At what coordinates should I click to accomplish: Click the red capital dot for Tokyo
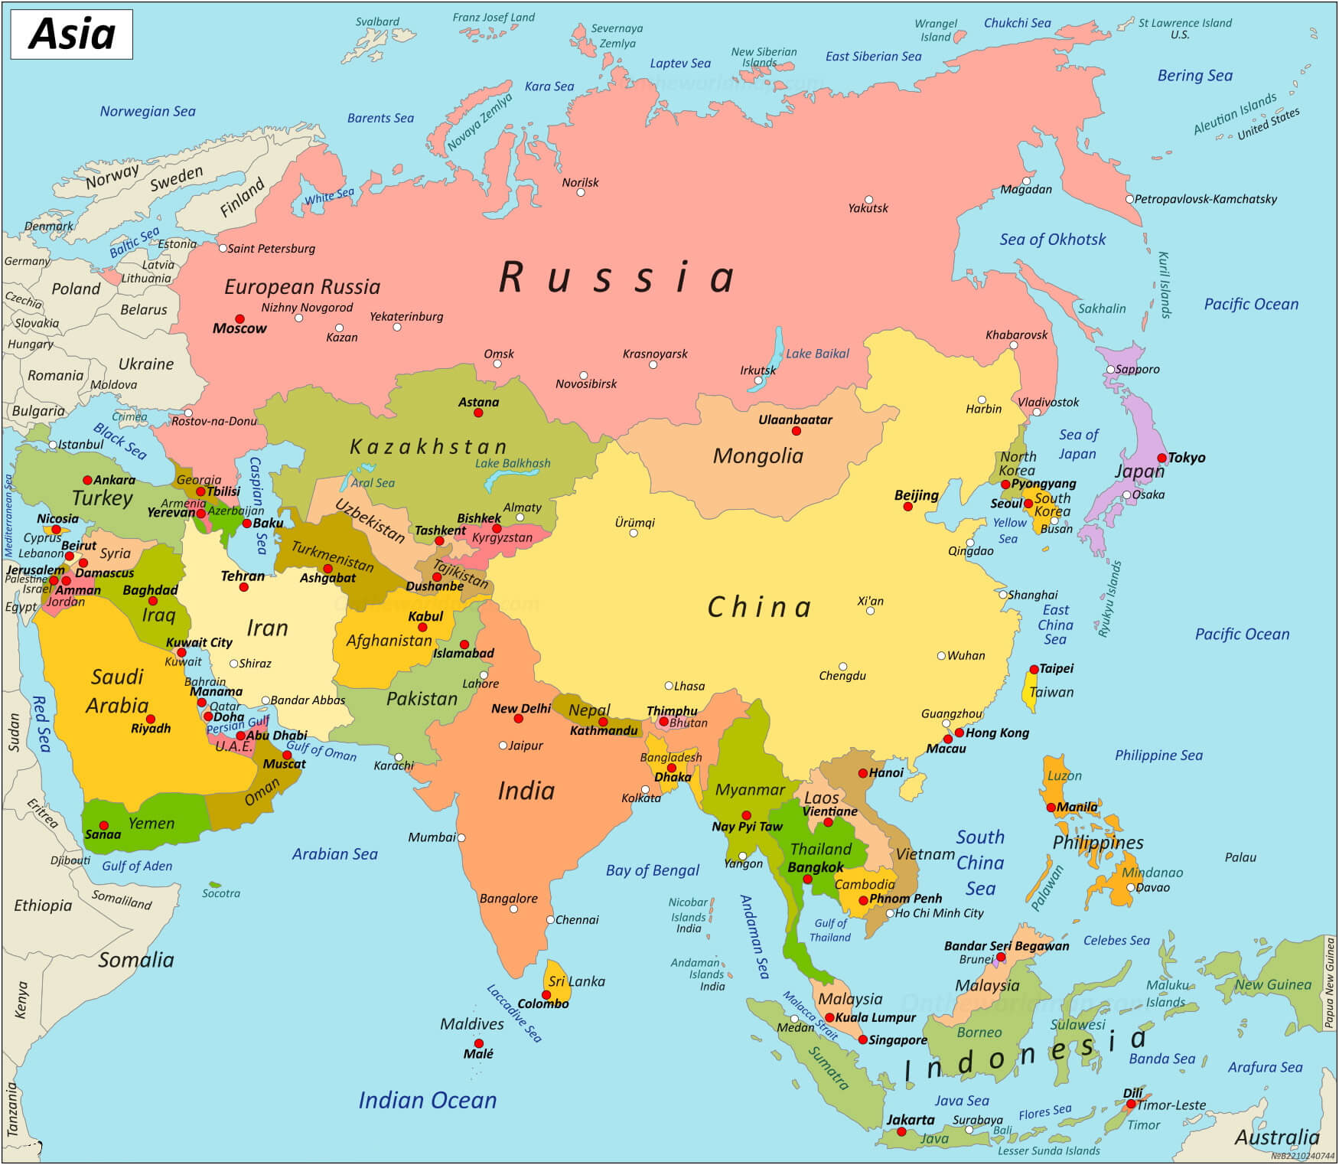(1161, 458)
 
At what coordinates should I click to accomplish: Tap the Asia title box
(71, 34)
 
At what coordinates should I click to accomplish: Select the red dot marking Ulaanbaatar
(796, 431)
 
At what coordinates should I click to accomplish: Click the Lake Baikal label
(817, 354)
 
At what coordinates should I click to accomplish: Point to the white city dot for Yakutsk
(868, 199)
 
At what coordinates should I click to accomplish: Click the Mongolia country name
(757, 456)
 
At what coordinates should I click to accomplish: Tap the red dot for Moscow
(239, 318)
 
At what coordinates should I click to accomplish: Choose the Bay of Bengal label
(652, 870)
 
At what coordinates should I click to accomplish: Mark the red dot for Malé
(478, 1043)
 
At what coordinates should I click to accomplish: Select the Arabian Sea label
(334, 854)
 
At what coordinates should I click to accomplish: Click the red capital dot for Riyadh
(151, 719)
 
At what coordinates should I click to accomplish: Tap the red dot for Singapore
(862, 1039)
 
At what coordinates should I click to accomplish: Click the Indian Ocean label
(427, 1101)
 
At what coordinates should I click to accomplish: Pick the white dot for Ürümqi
(634, 533)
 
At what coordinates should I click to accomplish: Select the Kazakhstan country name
(428, 447)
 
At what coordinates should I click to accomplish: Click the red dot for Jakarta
(901, 1131)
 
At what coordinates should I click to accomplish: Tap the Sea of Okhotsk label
(1052, 240)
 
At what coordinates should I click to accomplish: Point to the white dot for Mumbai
(461, 837)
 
